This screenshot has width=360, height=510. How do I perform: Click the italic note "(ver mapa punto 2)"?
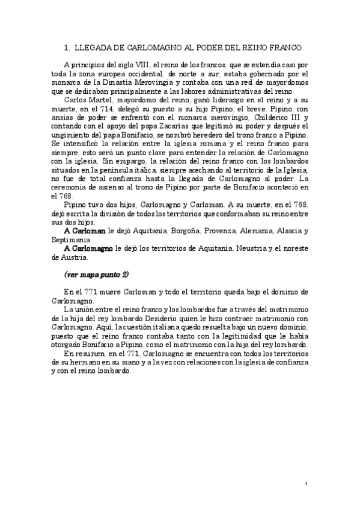(96, 275)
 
